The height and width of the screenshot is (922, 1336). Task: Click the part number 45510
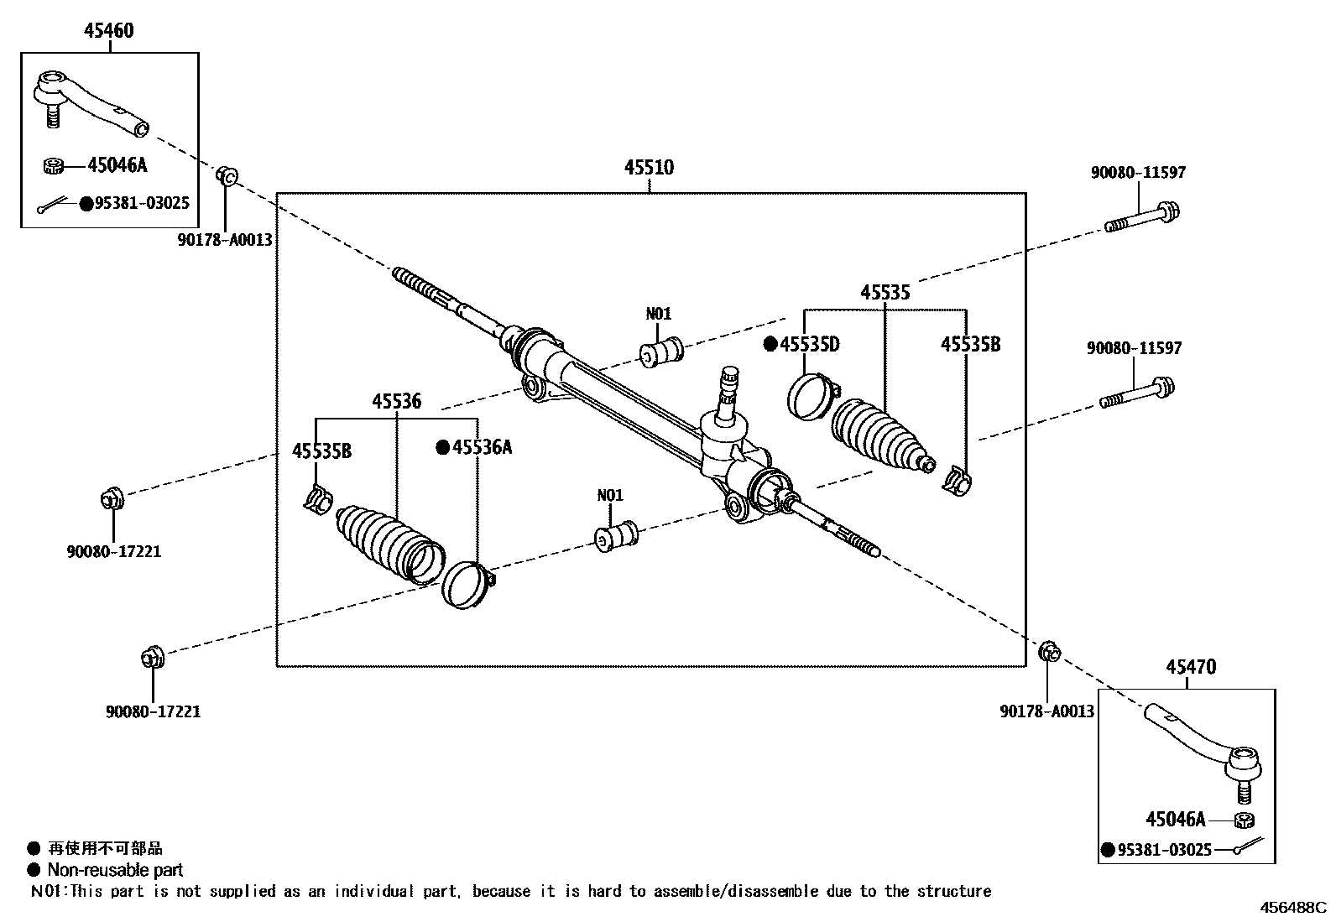[649, 167]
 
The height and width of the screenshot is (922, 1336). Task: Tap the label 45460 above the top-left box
[108, 30]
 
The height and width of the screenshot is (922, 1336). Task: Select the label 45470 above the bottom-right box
[1190, 667]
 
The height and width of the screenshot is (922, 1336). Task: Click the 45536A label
[482, 447]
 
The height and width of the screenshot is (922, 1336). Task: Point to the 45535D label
[810, 344]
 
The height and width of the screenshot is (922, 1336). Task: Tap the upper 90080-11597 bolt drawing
[1141, 217]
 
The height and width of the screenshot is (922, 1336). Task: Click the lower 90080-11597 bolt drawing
[1137, 393]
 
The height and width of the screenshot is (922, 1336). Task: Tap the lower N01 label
[610, 495]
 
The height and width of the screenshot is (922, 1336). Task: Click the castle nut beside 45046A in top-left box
[54, 165]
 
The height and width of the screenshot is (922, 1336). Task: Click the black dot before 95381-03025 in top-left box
[85, 203]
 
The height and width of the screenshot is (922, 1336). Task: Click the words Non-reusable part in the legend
[115, 870]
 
